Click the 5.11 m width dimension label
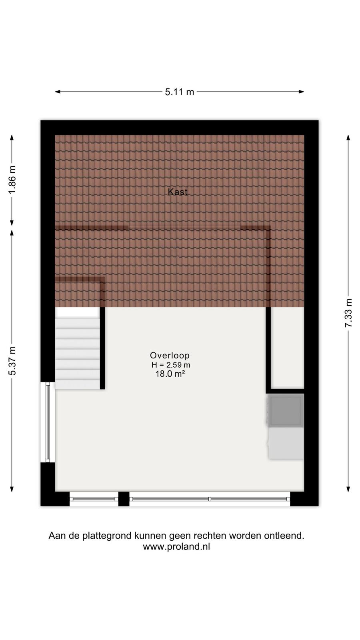(x=180, y=92)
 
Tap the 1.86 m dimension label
(x=12, y=180)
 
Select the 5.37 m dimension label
(x=12, y=360)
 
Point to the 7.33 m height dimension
(x=348, y=313)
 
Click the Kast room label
(x=178, y=192)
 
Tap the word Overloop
(x=170, y=356)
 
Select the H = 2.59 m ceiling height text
(x=171, y=365)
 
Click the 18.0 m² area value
(x=170, y=374)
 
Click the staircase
(x=78, y=348)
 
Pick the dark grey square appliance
(x=285, y=410)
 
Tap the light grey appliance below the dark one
(x=286, y=444)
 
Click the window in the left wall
(x=48, y=422)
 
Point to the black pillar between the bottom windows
(x=124, y=499)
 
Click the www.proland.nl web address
(x=176, y=546)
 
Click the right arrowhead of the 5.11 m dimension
(x=302, y=92)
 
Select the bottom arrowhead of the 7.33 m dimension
(x=348, y=489)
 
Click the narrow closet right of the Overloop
(x=288, y=348)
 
